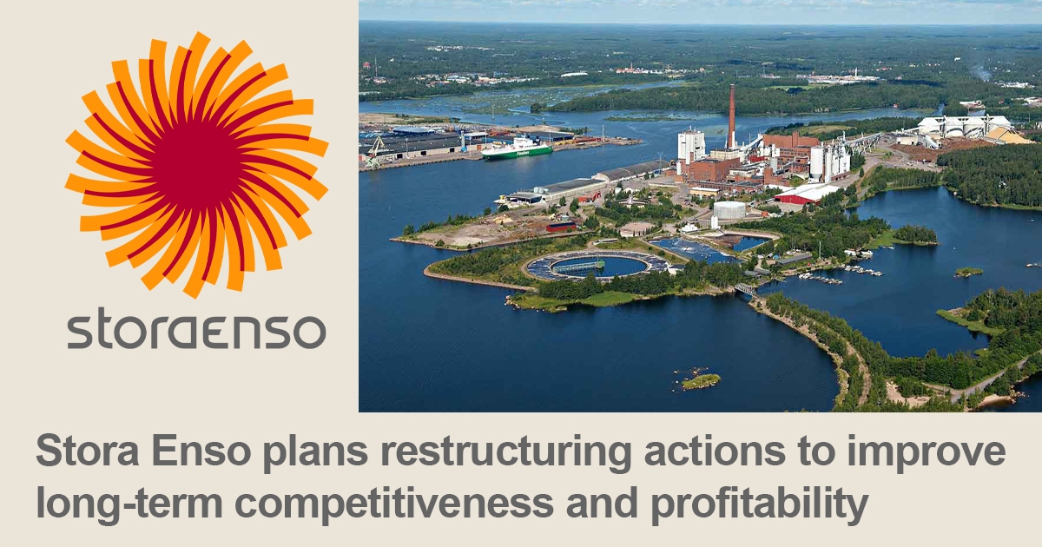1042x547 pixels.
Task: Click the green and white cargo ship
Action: tap(518, 148)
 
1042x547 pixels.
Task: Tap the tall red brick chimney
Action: tap(731, 117)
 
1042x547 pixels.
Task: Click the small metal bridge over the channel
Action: tap(744, 289)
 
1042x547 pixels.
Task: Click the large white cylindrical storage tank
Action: tap(729, 210)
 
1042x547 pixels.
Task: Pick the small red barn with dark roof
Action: tap(561, 226)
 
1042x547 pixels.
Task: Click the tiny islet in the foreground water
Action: tap(701, 380)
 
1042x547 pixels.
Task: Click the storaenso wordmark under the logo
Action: tap(196, 332)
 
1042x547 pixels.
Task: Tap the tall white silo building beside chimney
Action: tap(691, 144)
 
